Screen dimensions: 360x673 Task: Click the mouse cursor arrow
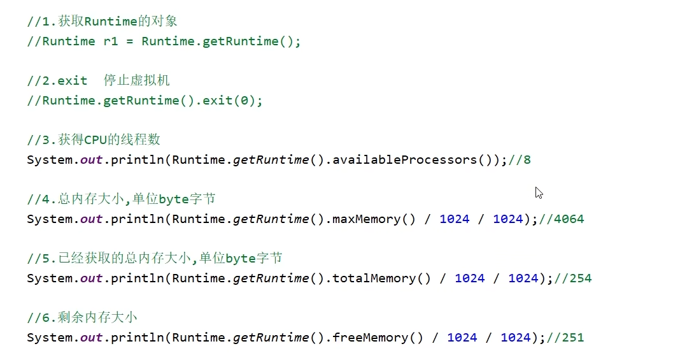point(539,192)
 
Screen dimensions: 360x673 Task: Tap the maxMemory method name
point(366,219)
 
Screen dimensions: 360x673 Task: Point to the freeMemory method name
point(370,338)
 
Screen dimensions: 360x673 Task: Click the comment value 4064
point(569,219)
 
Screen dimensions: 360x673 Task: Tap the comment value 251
point(572,338)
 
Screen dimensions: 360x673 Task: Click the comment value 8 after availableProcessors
point(527,160)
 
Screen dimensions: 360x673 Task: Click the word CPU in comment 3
point(95,140)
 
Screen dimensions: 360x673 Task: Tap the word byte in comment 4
point(173,199)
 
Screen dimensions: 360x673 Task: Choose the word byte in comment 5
point(241,259)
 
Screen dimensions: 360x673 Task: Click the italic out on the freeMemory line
point(91,338)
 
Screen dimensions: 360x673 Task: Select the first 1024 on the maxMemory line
point(454,219)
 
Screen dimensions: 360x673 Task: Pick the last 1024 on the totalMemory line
point(523,278)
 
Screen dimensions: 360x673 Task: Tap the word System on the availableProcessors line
point(49,160)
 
